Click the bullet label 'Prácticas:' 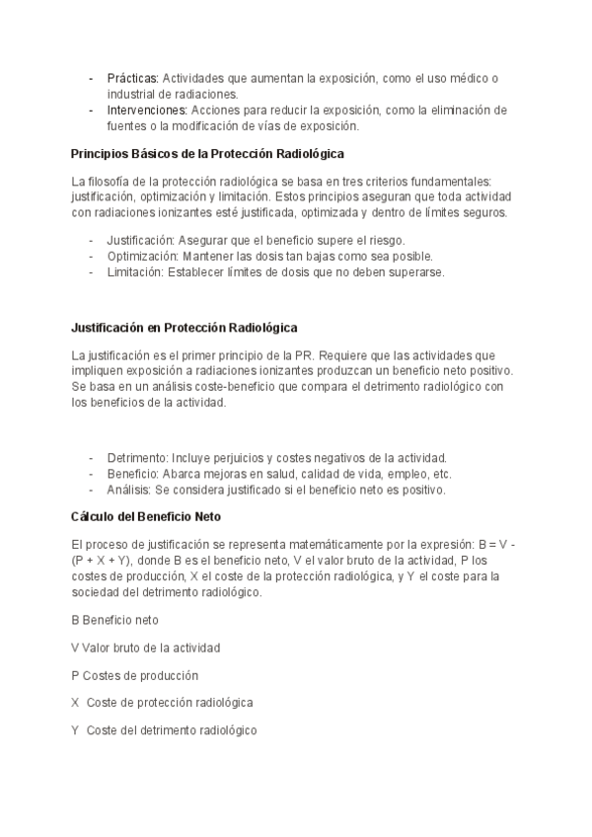pyautogui.click(x=133, y=78)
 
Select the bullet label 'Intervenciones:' pyautogui.click(x=148, y=110)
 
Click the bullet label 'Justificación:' pyautogui.click(x=140, y=241)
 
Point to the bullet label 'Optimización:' pyautogui.click(x=141, y=256)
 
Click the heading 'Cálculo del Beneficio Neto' pyautogui.click(x=146, y=516)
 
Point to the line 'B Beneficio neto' pyautogui.click(x=115, y=620)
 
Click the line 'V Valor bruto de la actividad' pyautogui.click(x=146, y=647)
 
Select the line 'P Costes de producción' pyautogui.click(x=135, y=675)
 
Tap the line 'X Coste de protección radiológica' pyautogui.click(x=163, y=703)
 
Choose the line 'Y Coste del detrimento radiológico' pyautogui.click(x=164, y=730)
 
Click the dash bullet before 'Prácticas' pyautogui.click(x=92, y=78)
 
